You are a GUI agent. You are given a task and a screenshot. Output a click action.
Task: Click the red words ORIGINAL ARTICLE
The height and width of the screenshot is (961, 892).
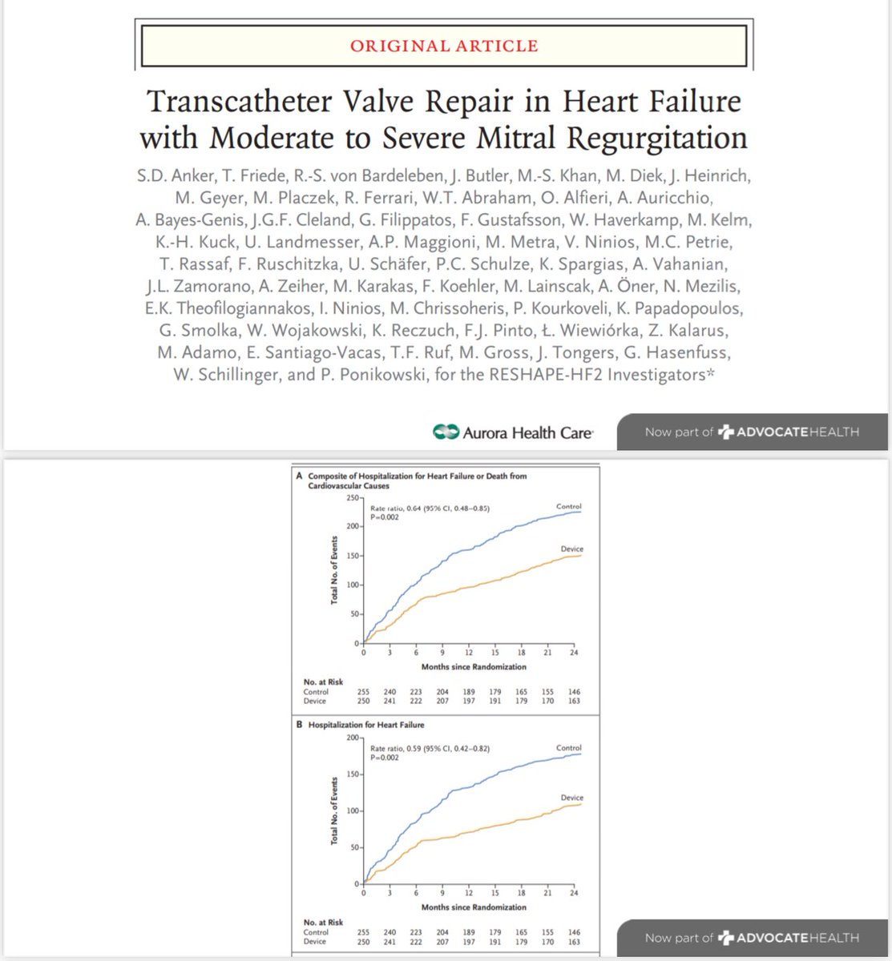coord(443,46)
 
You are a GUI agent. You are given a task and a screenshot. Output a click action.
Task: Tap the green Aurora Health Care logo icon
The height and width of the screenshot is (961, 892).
coord(445,432)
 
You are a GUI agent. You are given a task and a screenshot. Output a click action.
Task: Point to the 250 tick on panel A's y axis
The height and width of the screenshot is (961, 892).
coord(353,498)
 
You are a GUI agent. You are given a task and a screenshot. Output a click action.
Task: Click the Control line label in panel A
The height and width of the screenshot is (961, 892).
coord(568,506)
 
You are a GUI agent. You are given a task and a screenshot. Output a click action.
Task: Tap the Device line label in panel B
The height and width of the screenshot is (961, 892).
coord(572,798)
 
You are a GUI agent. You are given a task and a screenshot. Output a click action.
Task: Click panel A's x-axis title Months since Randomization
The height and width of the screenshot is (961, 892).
coord(474,666)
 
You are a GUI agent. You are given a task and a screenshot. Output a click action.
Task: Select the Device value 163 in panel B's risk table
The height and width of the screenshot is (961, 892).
coord(574,942)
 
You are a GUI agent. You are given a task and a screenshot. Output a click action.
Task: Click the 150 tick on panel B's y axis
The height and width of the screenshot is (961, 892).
coord(353,774)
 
